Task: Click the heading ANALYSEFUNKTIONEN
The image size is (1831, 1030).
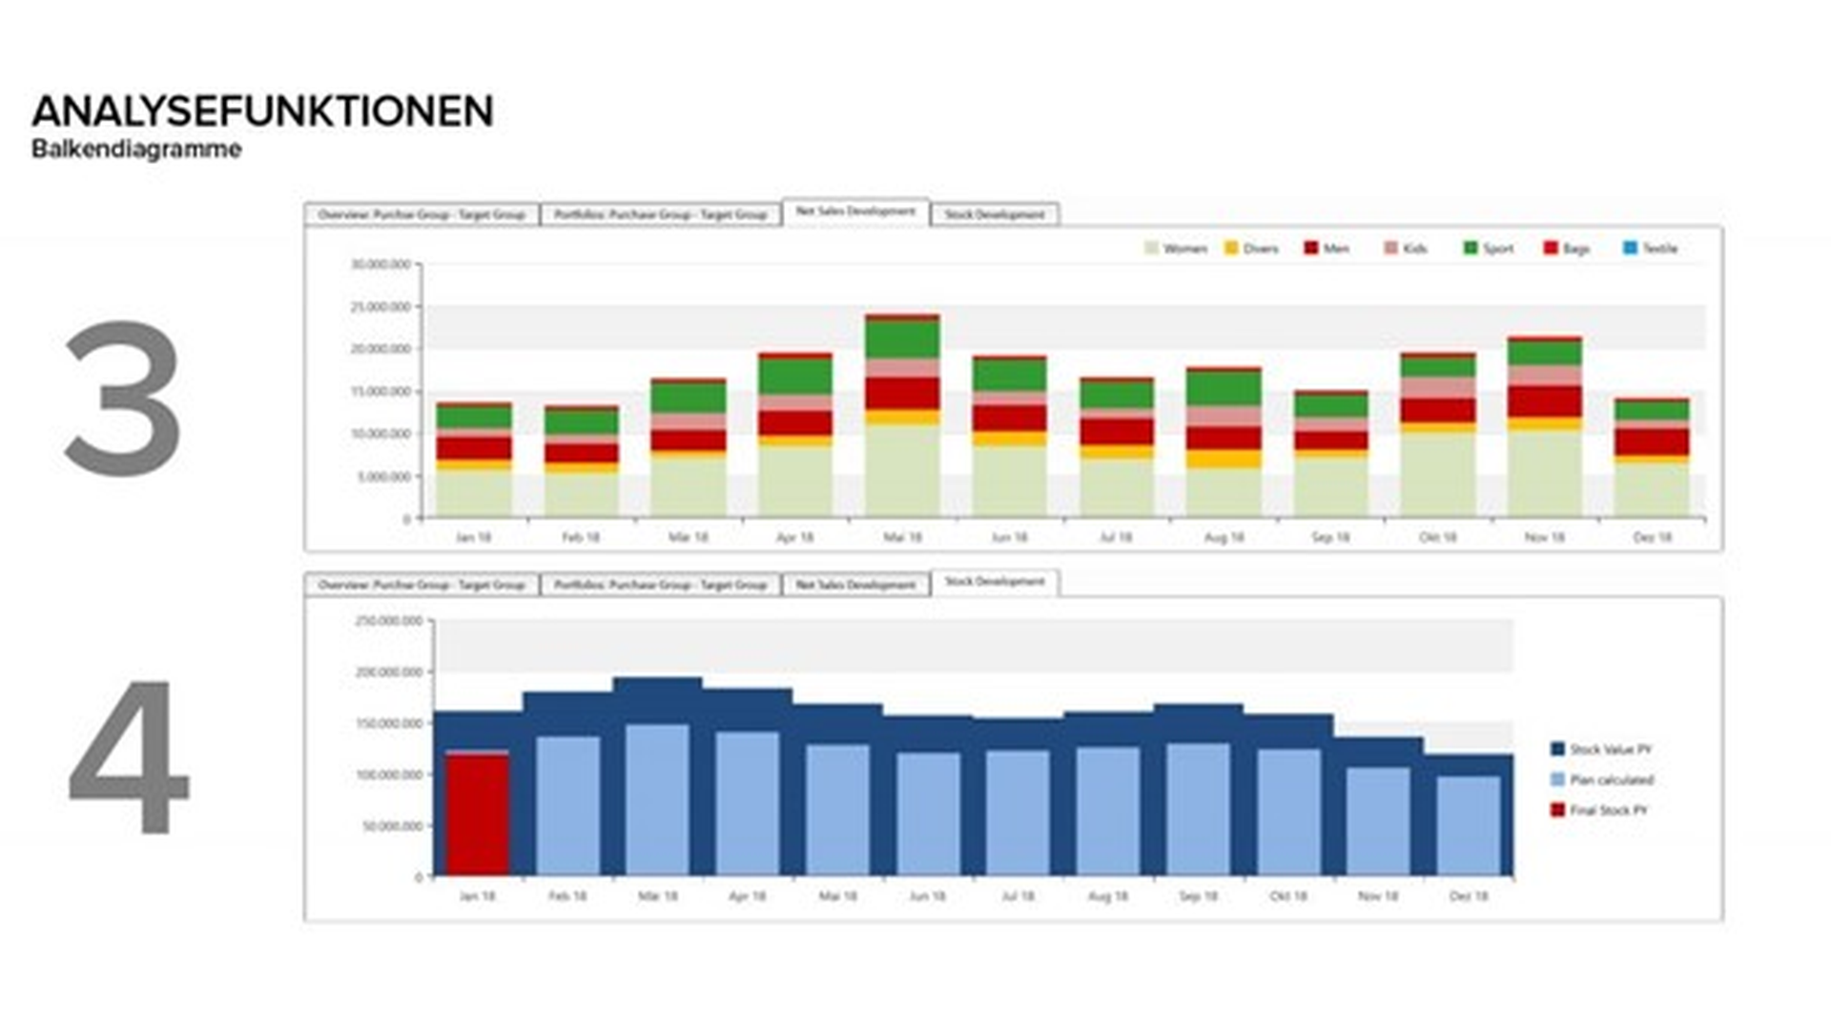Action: point(262,112)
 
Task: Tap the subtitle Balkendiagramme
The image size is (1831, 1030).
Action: point(136,150)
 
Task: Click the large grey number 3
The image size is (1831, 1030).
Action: point(123,398)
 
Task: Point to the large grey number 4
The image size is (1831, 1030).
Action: point(129,756)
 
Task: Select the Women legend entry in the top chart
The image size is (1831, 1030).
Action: point(1176,249)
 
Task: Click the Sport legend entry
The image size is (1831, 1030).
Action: point(1489,249)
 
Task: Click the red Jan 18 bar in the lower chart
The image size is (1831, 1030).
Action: point(477,815)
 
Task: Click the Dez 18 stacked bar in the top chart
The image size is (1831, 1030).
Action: point(1652,458)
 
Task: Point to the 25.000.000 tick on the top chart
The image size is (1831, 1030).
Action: point(381,307)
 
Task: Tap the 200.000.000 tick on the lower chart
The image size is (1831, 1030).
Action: point(388,672)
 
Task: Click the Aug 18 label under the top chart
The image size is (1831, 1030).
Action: point(1224,538)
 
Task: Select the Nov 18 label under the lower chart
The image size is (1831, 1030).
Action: point(1378,896)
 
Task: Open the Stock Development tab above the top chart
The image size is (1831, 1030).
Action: point(995,216)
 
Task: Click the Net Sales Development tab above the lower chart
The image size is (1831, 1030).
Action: point(855,585)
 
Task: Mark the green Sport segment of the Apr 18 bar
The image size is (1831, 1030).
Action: point(795,376)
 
